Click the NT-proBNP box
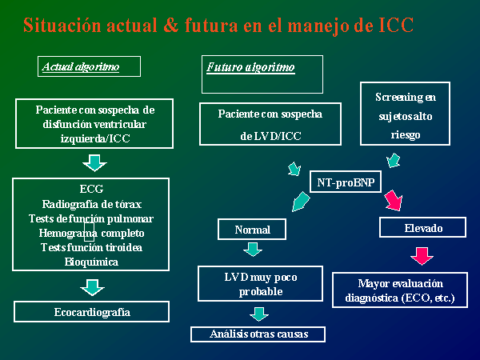click(x=346, y=182)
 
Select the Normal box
click(x=252, y=229)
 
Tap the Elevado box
click(x=422, y=227)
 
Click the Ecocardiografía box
click(x=91, y=312)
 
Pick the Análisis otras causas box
click(x=258, y=334)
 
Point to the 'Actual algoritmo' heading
click(x=81, y=66)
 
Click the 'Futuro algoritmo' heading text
click(x=250, y=67)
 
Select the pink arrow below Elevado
click(x=422, y=256)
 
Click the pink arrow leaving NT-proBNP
click(x=394, y=201)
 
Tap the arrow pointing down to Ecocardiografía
click(x=92, y=287)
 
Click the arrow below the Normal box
click(x=253, y=250)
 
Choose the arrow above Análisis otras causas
click(x=259, y=314)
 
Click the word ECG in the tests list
click(x=91, y=189)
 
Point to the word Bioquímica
click(x=91, y=262)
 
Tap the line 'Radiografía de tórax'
click(x=91, y=204)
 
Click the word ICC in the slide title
click(x=396, y=25)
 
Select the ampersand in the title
click(x=171, y=25)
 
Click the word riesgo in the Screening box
click(x=406, y=135)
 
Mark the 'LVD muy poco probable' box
click(x=260, y=284)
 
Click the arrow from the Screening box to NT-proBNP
click(x=393, y=161)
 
